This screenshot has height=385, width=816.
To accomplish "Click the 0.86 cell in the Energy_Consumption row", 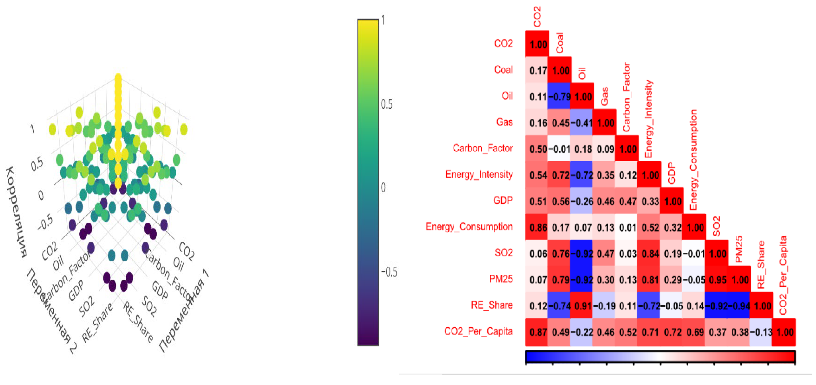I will pos(538,228).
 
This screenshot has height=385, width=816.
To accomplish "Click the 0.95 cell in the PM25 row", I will pos(717,280).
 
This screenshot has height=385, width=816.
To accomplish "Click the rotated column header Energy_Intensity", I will pos(649,119).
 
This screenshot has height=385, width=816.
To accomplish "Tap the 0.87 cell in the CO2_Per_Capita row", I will pos(538,332).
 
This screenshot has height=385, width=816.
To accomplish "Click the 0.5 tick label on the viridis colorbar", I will pos(386,104).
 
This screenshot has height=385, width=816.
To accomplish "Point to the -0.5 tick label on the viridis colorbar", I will pos(389,272).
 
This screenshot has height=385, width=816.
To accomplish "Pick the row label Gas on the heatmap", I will pos(504,122).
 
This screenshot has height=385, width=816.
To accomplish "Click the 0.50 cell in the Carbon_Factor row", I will pos(538,149).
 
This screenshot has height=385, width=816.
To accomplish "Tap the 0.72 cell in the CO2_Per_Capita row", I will pos(672,332).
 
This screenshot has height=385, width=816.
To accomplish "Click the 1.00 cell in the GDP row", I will pos(672,202).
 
